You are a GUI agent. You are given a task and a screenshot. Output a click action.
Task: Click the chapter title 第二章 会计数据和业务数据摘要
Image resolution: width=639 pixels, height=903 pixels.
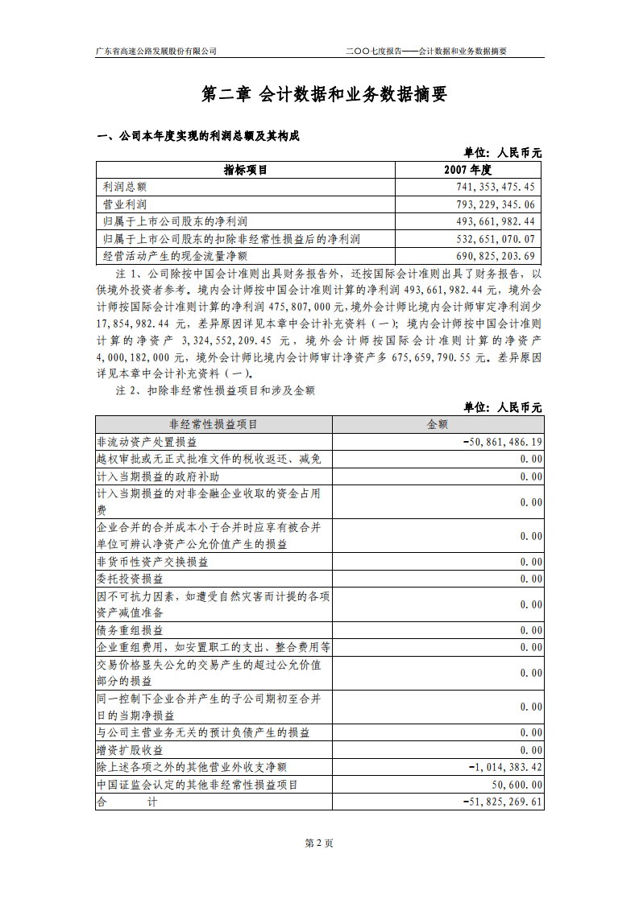(323, 95)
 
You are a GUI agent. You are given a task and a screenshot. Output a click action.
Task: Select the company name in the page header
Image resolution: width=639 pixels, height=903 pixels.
(156, 51)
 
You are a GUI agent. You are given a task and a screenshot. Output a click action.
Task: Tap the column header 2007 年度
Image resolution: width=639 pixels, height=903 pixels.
(467, 170)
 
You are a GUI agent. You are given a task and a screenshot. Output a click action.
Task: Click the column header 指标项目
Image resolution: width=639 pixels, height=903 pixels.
(245, 170)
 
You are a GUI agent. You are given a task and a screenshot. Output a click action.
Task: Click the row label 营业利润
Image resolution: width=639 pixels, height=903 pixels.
(125, 204)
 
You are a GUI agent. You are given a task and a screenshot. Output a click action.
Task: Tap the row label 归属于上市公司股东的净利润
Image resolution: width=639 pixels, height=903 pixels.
(175, 221)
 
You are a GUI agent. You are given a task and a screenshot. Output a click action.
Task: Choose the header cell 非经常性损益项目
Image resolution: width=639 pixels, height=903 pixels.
(213, 424)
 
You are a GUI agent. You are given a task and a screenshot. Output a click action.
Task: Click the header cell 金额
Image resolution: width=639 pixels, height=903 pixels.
(437, 424)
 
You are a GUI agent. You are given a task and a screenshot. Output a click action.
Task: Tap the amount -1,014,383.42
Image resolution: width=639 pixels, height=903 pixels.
(505, 767)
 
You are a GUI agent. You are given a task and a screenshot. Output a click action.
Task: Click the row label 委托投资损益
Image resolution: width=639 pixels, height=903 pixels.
(130, 579)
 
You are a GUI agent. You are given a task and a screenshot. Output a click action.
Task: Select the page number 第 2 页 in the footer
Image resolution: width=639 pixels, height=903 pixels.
(319, 843)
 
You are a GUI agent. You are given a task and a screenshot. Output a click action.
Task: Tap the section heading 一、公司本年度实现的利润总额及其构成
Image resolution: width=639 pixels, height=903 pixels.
(198, 135)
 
